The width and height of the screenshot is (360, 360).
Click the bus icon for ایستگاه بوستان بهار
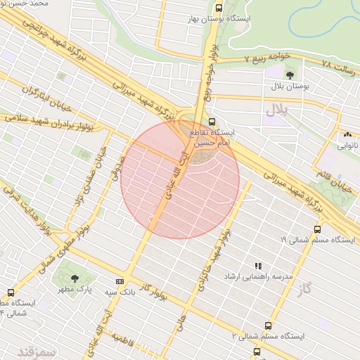pyautogui.click(x=219, y=8)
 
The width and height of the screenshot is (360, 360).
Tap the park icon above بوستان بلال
pyautogui.click(x=290, y=75)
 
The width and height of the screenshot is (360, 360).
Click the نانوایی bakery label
pyautogui.click(x=347, y=146)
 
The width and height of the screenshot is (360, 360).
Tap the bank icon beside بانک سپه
pyautogui.click(x=120, y=282)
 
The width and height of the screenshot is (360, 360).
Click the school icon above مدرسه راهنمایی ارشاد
pyautogui.click(x=258, y=266)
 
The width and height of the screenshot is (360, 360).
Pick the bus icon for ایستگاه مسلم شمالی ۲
pyautogui.click(x=268, y=326)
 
